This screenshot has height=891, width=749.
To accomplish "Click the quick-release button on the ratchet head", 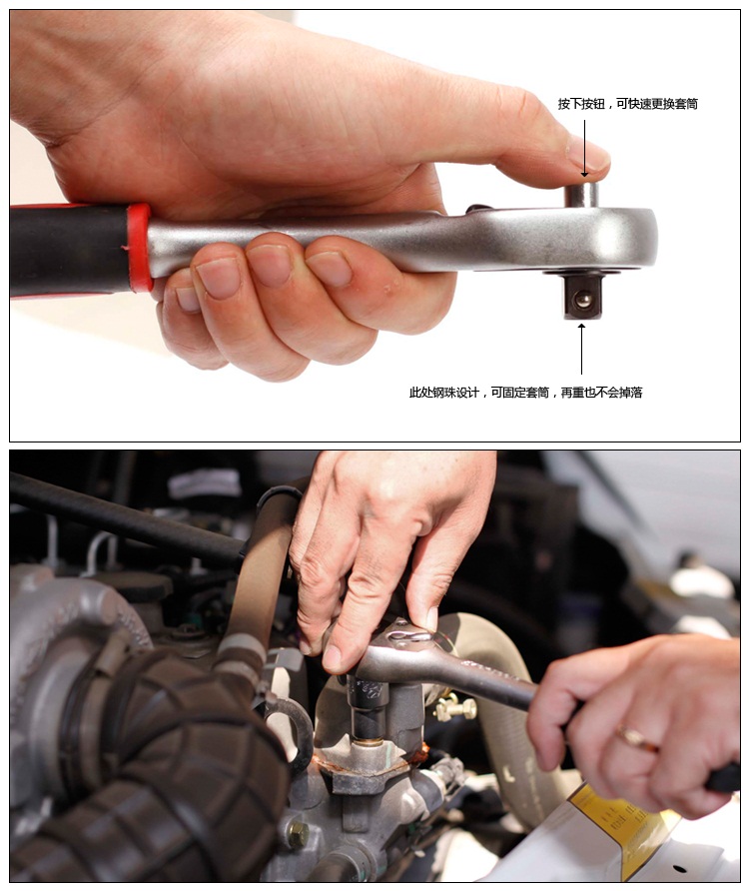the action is (581, 195).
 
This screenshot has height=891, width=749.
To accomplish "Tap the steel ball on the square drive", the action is (583, 300).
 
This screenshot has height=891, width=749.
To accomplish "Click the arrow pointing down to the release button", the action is (584, 148).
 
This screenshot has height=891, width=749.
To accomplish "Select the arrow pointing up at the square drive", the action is (581, 349).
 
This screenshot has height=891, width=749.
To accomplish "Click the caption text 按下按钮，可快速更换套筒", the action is (627, 104).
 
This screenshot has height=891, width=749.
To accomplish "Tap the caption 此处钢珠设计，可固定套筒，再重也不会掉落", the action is (525, 393).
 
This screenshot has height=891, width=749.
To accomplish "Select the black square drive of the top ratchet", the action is (582, 296).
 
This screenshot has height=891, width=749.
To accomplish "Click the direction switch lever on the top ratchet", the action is (479, 209).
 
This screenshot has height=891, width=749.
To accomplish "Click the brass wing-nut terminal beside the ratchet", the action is (455, 707).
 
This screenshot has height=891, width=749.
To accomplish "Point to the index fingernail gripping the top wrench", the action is (330, 269).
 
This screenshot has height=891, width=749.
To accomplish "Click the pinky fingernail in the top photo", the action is (188, 299).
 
